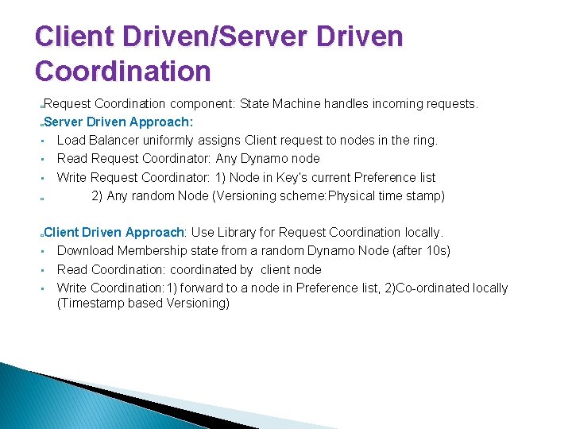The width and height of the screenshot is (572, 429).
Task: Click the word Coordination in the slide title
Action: click(x=123, y=71)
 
